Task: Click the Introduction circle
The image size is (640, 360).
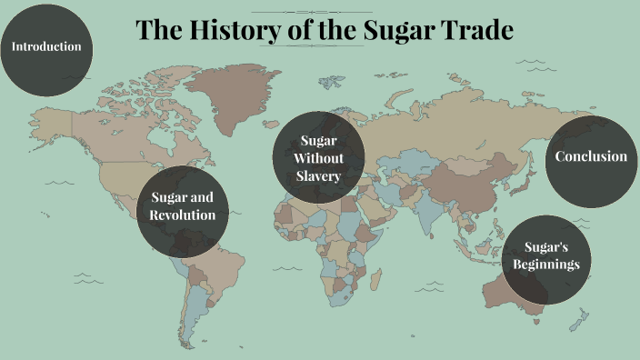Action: pos(45,46)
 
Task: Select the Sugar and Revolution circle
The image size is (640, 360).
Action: pos(183,207)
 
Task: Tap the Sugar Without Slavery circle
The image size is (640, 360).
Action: pos(319,157)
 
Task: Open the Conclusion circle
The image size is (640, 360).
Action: pos(591,156)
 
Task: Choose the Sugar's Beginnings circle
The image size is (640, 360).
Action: pos(545,256)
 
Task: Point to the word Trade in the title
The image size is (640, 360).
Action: pos(477,31)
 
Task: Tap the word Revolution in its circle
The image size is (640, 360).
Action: pos(184,215)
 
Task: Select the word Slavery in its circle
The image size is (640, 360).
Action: pos(319,175)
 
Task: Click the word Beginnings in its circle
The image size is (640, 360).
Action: pos(545,265)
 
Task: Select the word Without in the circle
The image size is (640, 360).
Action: pos(319,157)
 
